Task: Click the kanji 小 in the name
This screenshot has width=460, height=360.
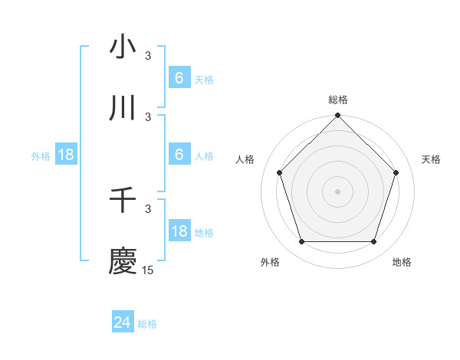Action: click(x=123, y=47)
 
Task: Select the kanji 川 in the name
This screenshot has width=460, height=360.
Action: click(x=123, y=109)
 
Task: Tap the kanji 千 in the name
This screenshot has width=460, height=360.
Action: click(x=123, y=200)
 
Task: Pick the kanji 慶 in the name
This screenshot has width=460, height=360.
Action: click(x=123, y=261)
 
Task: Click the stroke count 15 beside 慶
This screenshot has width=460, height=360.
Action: click(x=148, y=270)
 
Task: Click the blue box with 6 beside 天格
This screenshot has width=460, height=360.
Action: click(x=179, y=78)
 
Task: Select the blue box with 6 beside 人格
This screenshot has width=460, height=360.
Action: click(x=179, y=155)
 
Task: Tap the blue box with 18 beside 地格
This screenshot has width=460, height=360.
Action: click(x=179, y=231)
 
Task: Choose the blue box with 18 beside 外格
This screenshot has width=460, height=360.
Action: click(x=66, y=155)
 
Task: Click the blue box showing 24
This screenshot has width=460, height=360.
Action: click(x=123, y=322)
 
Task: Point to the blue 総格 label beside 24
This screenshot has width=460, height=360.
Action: click(x=147, y=324)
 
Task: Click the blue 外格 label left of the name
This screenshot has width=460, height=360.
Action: click(x=41, y=155)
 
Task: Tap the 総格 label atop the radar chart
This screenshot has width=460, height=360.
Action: click(x=337, y=100)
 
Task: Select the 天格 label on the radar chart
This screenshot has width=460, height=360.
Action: click(x=431, y=159)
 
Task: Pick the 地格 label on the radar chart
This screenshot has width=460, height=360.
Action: click(x=402, y=262)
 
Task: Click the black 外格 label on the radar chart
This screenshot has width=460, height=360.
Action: click(x=270, y=262)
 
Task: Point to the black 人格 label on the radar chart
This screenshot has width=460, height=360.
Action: click(x=245, y=159)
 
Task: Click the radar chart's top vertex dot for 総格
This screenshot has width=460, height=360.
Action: click(x=337, y=116)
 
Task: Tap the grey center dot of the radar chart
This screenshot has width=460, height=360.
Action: click(x=337, y=191)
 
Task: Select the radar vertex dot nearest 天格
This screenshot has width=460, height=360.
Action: click(x=396, y=172)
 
